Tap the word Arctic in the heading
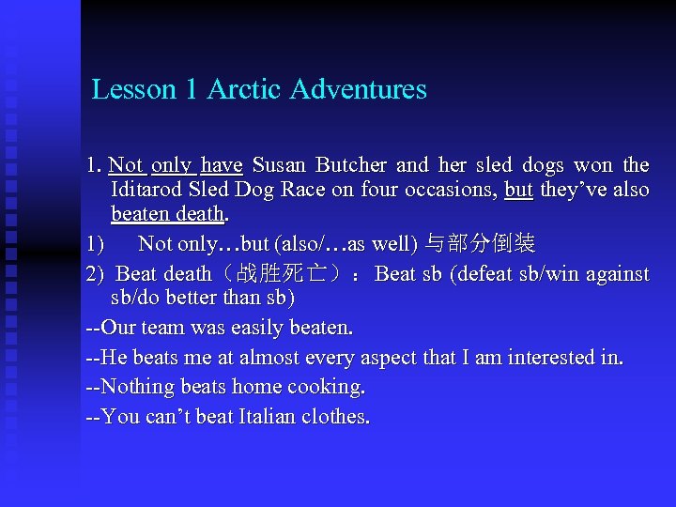click(245, 90)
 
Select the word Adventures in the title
click(359, 90)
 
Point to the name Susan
click(280, 166)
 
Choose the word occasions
click(449, 190)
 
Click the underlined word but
click(518, 190)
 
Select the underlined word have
click(222, 166)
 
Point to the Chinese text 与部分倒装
click(480, 245)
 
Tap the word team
click(166, 329)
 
